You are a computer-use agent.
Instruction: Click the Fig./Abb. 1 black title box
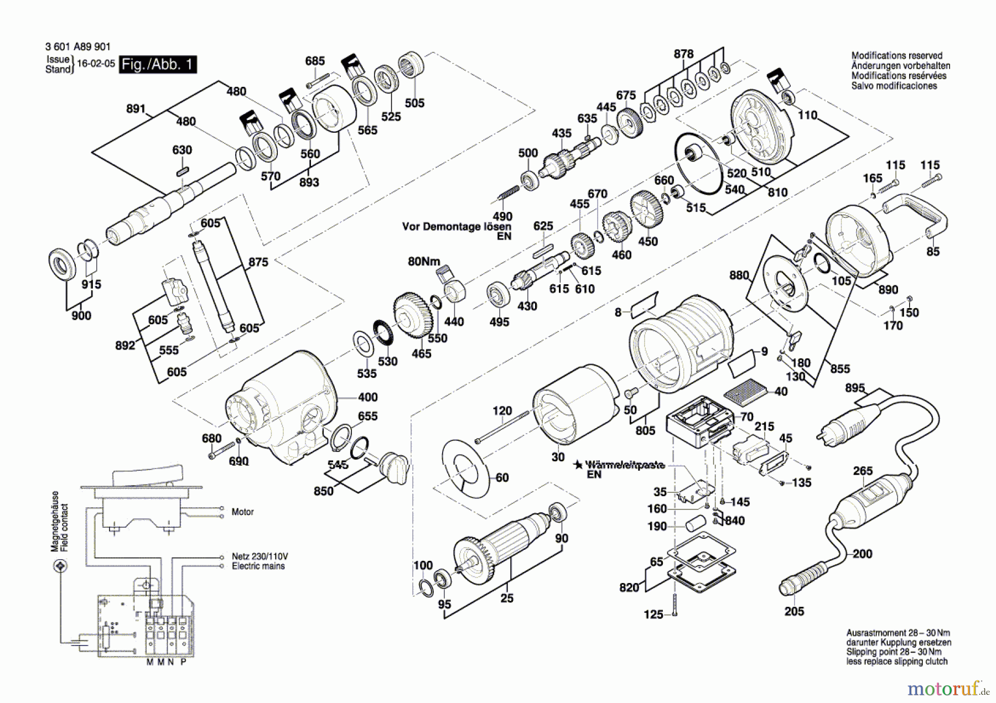[158, 65]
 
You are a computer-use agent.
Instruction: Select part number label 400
[367, 397]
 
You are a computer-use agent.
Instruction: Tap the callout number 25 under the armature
[507, 598]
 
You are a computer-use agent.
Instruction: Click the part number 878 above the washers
[683, 54]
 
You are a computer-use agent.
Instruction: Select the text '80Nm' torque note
[424, 262]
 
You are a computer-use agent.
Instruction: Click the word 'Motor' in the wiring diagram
[242, 512]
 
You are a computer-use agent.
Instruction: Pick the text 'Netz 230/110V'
[260, 556]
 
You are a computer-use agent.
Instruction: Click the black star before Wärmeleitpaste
[578, 465]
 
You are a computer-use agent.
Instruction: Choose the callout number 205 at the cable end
[794, 611]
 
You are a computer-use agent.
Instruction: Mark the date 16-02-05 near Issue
[96, 64]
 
